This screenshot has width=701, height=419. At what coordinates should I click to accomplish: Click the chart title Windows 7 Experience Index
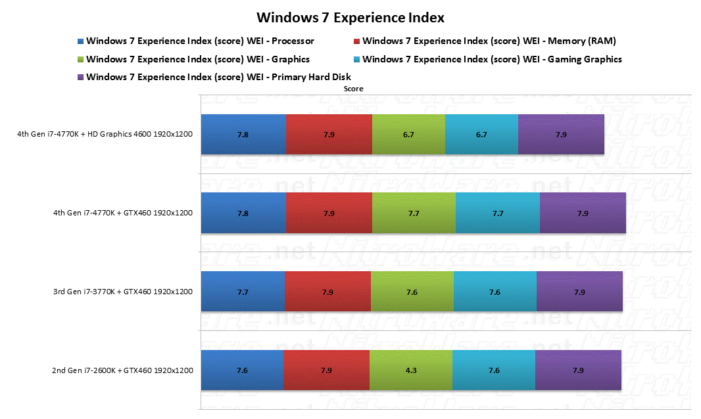350,18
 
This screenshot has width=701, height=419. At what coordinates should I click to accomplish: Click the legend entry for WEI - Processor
196,41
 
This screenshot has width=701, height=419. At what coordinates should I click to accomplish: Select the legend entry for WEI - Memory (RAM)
485,41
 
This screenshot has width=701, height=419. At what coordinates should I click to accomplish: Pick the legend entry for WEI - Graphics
193,59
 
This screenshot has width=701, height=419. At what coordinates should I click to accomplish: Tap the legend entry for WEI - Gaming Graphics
488,59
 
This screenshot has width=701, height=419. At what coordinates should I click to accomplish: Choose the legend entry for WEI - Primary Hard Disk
214,77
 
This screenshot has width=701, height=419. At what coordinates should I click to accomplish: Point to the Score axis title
353,89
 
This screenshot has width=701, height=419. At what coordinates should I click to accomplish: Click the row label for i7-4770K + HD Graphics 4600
105,134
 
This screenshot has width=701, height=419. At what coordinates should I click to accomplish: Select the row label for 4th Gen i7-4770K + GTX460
123,213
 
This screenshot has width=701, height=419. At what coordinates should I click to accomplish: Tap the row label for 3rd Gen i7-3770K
123,292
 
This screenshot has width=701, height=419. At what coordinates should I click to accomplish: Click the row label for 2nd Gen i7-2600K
122,370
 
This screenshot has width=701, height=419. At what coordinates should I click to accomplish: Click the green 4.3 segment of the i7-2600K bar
411,370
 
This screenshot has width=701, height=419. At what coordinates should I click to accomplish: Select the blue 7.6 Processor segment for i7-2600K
242,370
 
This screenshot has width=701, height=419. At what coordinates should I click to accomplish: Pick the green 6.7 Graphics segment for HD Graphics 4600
408,135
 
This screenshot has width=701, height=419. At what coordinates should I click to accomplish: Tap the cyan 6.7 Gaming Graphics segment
481,135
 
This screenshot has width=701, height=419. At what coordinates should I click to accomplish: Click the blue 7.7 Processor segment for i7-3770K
243,291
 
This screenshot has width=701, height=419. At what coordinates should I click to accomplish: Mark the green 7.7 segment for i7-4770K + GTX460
414,213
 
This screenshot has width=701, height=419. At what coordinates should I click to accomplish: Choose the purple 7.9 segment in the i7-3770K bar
579,291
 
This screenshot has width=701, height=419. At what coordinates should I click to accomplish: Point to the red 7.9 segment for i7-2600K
326,370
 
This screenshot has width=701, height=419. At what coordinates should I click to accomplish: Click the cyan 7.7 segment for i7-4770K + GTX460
498,213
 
